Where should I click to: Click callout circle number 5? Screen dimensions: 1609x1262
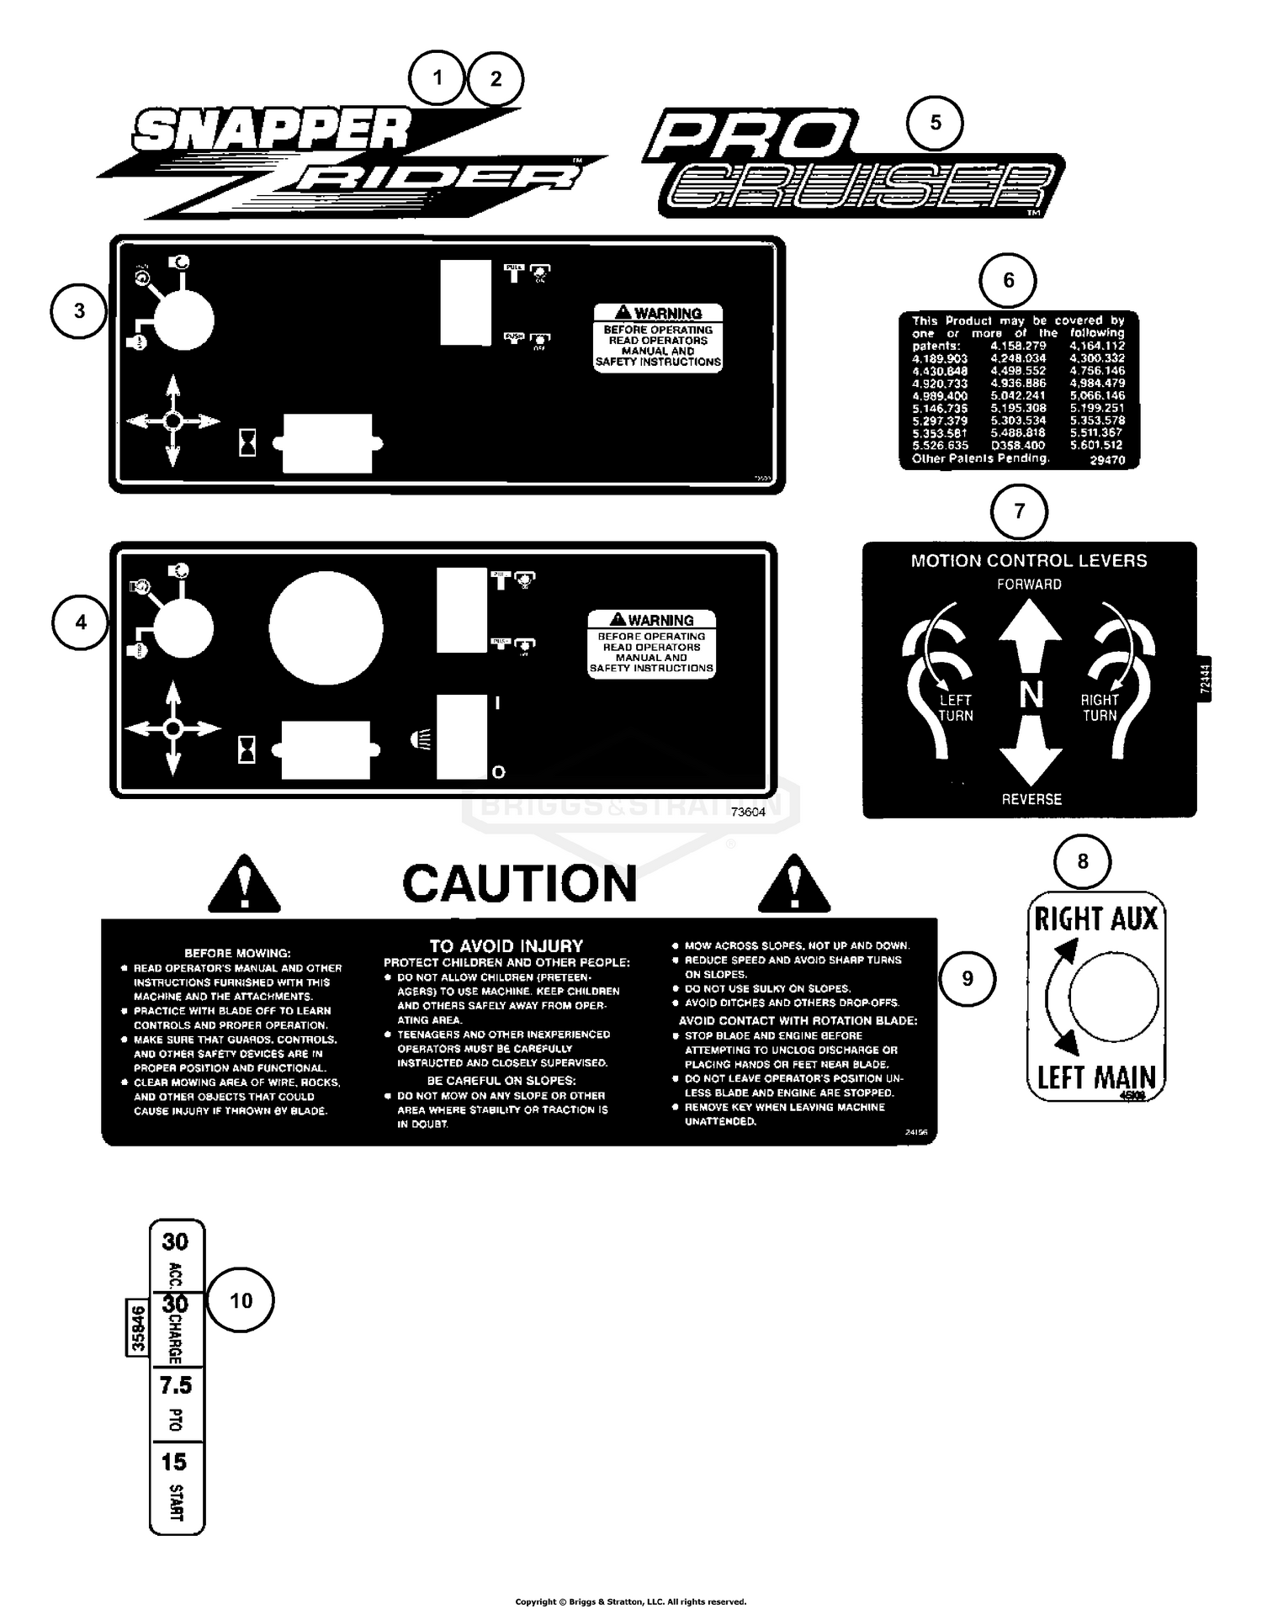(935, 123)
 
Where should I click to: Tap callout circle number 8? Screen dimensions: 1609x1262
(1082, 861)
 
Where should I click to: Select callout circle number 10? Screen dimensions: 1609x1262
(241, 1300)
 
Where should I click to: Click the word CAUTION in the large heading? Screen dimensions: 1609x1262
(519, 883)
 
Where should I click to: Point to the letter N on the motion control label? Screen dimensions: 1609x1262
(1031, 695)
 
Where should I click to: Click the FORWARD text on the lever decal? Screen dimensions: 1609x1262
(1029, 584)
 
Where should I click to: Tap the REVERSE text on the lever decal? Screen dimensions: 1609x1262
(1031, 799)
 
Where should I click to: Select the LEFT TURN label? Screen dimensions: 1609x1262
(956, 707)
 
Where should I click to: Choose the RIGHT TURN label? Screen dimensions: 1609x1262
(1100, 707)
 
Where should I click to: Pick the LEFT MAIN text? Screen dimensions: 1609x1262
(1095, 1077)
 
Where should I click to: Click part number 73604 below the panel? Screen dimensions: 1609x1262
(748, 812)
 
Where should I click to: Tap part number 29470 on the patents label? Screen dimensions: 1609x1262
(1107, 460)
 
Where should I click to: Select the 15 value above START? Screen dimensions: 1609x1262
(174, 1462)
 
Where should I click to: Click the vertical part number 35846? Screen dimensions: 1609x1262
(137, 1328)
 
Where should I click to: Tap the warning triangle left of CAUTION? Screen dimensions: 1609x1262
(244, 885)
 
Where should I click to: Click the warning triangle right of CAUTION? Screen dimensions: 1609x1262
(793, 885)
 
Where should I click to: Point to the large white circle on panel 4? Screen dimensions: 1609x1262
(326, 627)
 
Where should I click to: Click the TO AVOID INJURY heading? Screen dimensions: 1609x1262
(506, 945)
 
